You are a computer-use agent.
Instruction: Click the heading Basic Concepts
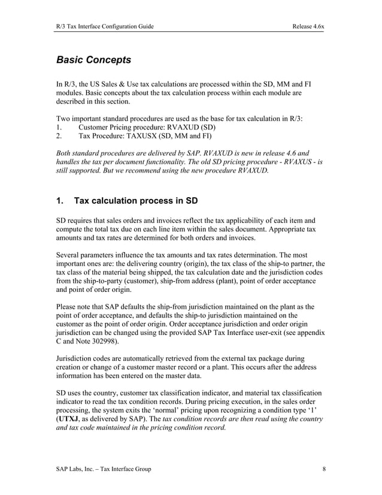pos(93,60)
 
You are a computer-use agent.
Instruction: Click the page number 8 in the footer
pos(324,469)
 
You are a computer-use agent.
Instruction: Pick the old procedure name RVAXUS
pos(289,161)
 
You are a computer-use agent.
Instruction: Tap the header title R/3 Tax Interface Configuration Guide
pos(105,26)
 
